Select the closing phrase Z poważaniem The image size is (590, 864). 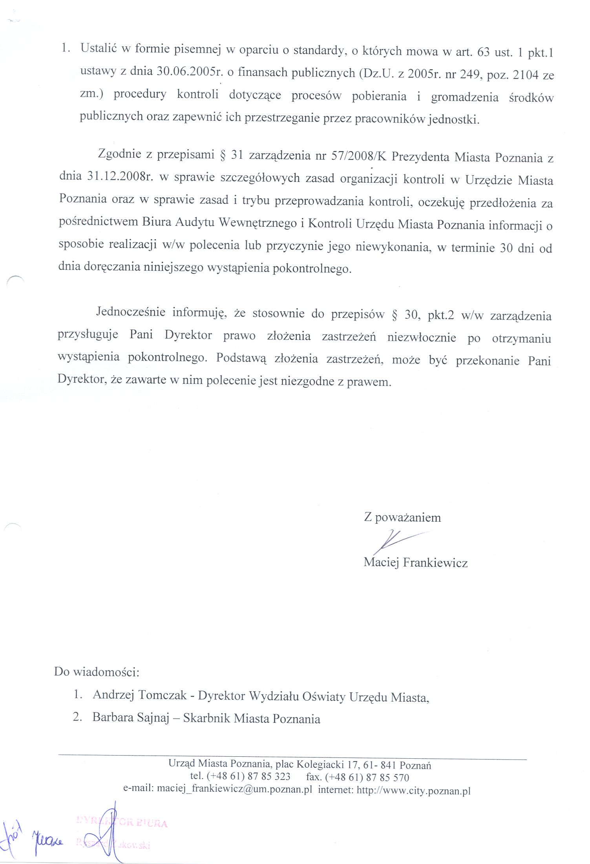402,517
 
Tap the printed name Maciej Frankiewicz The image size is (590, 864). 415,563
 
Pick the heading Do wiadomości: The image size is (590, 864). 97,671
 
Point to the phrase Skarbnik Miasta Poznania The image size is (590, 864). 252,718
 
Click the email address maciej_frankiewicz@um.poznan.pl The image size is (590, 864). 234,790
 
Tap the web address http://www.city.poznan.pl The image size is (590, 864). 413,790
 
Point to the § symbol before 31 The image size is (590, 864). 222,155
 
